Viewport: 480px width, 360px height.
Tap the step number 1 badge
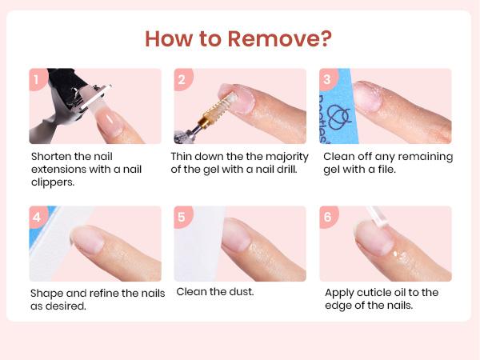tap(37, 79)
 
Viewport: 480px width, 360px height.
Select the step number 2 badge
tap(182, 79)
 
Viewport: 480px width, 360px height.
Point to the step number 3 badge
tap(328, 79)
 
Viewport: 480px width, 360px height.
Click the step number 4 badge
tap(38, 217)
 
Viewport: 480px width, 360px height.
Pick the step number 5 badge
tap(182, 217)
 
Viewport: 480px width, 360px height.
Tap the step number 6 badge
tap(328, 217)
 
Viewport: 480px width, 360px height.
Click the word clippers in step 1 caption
tap(53, 182)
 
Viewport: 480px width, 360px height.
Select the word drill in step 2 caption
tap(287, 169)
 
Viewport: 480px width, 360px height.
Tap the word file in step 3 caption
tap(387, 169)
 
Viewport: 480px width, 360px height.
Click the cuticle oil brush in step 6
tap(377, 217)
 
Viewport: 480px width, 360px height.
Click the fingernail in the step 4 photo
tap(87, 240)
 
